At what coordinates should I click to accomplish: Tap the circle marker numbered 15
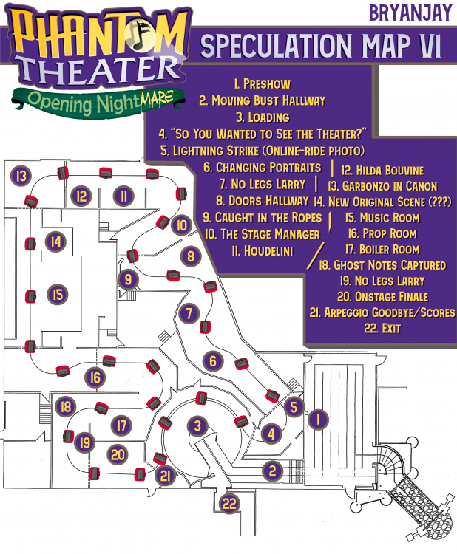coord(57,293)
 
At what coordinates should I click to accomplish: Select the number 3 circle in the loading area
coord(197,426)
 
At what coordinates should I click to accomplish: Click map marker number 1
coord(317,420)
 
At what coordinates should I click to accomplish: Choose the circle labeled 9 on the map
coord(128,279)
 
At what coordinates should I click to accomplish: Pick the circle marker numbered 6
coord(213,361)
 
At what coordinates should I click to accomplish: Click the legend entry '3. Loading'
coord(263,117)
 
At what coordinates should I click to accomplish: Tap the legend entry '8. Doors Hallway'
coord(263,200)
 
